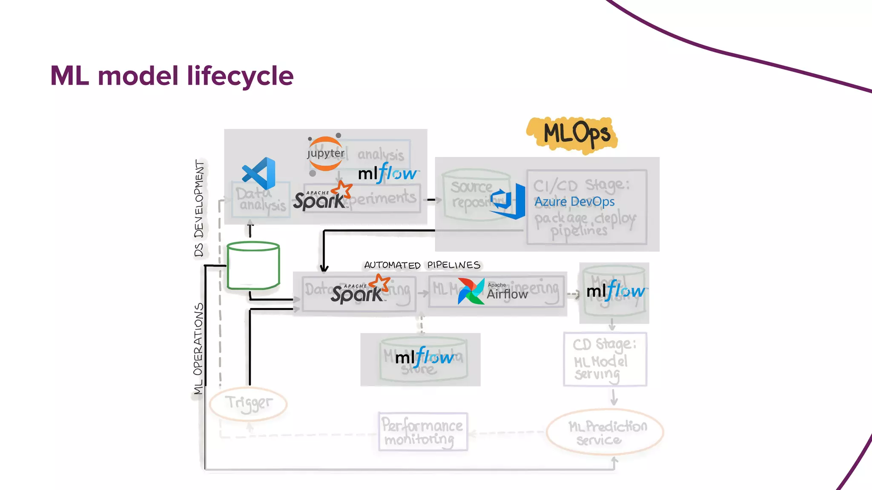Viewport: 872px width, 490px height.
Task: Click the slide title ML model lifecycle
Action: (x=172, y=76)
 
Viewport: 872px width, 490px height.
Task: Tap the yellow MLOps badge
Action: (x=573, y=134)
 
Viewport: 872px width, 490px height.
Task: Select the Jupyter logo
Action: (x=325, y=154)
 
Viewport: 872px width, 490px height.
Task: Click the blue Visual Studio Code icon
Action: (x=259, y=174)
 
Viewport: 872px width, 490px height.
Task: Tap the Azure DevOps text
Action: (x=574, y=201)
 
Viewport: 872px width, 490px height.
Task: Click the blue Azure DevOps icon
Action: (x=508, y=201)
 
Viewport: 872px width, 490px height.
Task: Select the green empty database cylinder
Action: (x=253, y=266)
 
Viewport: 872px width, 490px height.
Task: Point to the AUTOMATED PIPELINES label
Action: (x=422, y=265)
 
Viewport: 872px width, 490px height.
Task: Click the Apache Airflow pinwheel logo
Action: (x=471, y=291)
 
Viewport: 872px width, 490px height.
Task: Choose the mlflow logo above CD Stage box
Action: (x=615, y=291)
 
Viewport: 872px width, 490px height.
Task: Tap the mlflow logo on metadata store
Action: (x=424, y=358)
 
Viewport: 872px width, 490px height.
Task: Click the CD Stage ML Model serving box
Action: (x=605, y=359)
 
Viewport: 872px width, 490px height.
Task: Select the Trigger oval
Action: (x=248, y=403)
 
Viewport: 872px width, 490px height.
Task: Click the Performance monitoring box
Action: (x=423, y=432)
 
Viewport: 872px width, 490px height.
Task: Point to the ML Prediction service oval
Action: (x=605, y=432)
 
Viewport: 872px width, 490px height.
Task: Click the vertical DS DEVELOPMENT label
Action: (x=199, y=208)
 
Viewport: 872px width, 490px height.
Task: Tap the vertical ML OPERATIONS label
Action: (x=198, y=349)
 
